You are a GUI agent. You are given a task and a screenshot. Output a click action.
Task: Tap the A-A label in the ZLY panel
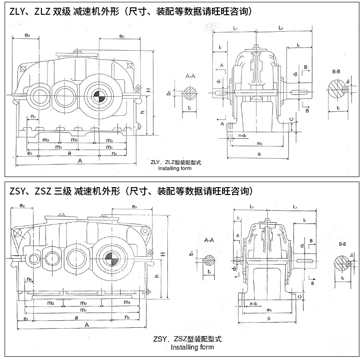[x=190, y=76]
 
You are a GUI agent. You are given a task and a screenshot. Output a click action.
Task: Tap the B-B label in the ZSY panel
[x=342, y=243]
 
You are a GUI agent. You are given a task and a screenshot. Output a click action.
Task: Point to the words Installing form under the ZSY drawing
[x=192, y=347]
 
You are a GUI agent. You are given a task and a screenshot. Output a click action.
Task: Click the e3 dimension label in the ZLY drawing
[x=122, y=36]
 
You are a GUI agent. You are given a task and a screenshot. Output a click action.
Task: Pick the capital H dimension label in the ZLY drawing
[x=148, y=91]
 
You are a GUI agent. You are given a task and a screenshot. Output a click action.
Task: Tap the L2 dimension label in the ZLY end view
[x=281, y=28]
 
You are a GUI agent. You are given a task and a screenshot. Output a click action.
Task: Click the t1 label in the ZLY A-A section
[x=190, y=107]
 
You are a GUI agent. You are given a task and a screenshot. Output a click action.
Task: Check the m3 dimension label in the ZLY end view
[x=259, y=143]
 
